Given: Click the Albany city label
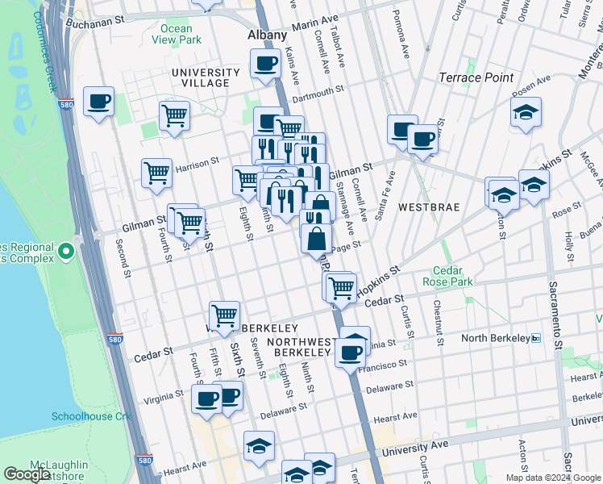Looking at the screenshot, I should point(267,35).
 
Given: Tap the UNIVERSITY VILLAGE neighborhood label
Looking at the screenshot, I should point(206,77).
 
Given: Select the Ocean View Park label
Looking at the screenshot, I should point(176,34).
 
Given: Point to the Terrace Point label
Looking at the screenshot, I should point(476,77).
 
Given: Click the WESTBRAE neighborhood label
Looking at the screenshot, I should point(435,207).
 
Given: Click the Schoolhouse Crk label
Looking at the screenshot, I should point(85,416).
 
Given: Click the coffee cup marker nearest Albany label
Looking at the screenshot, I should point(265,64).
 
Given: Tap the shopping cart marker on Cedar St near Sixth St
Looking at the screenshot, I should point(224,315).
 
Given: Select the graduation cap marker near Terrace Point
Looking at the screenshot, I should point(526,113).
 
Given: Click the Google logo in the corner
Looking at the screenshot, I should point(27,474).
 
